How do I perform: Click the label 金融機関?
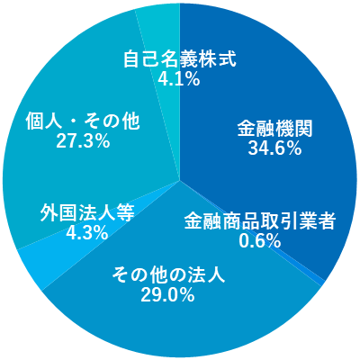[275, 129]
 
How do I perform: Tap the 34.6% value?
[274, 148]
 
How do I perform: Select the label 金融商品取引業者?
[259, 221]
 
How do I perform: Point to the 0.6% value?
[260, 240]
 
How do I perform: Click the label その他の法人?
[168, 275]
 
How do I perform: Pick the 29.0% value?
[167, 294]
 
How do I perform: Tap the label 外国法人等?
[87, 213]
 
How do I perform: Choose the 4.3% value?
[87, 232]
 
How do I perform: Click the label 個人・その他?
[83, 121]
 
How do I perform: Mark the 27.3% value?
[83, 140]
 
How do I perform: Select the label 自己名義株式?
[179, 59]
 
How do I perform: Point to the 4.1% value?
[179, 78]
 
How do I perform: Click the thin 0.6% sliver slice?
[322, 282]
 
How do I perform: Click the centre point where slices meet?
[180, 181]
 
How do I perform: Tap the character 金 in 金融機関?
[247, 129]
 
